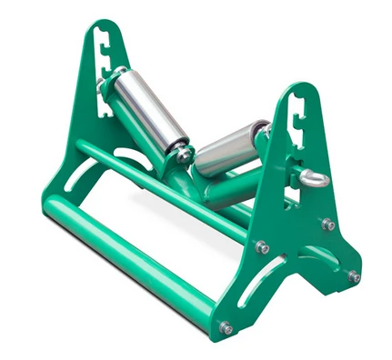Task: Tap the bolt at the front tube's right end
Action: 226,327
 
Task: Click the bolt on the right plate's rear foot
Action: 353,275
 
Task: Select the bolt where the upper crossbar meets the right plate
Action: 262,247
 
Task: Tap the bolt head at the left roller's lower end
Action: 184,155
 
